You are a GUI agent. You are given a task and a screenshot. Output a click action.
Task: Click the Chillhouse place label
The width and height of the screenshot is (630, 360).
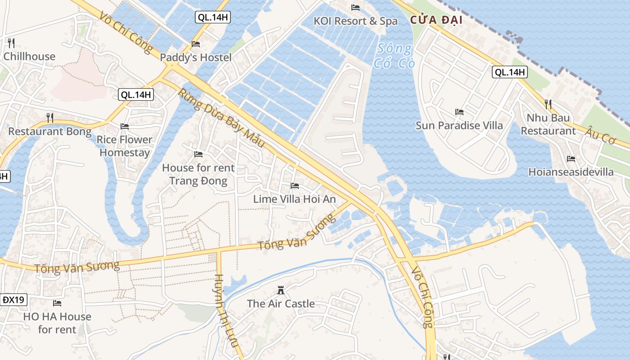click(29, 57)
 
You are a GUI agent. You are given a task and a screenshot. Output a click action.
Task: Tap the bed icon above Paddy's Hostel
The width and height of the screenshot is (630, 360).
click(196, 44)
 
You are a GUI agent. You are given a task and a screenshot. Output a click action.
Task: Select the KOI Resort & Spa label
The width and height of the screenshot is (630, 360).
click(355, 21)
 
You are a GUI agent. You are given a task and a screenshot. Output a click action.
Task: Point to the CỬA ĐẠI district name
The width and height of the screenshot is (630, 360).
click(436, 21)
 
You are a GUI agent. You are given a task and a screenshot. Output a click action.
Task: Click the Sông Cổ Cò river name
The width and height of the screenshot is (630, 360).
click(394, 55)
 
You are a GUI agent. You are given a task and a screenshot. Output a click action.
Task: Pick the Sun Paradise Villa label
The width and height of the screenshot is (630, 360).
click(459, 125)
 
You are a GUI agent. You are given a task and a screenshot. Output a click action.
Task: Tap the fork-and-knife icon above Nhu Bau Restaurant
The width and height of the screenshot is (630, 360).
click(548, 104)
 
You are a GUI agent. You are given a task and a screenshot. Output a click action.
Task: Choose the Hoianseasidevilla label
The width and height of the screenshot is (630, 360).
click(571, 172)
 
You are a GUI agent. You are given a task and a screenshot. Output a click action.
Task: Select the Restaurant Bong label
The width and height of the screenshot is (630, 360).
click(49, 131)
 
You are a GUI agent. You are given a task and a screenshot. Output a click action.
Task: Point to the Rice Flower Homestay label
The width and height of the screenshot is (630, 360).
click(125, 146)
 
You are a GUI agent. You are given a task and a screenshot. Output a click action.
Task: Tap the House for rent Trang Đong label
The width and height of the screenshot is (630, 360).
click(198, 174)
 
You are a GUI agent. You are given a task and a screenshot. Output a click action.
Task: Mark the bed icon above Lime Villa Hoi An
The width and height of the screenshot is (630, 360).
click(295, 185)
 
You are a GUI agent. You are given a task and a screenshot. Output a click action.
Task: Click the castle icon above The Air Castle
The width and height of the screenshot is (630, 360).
click(281, 290)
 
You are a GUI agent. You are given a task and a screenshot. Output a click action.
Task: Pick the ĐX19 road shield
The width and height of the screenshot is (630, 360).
click(13, 300)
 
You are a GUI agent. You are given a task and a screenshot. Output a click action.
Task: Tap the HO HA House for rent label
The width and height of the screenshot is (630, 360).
click(57, 323)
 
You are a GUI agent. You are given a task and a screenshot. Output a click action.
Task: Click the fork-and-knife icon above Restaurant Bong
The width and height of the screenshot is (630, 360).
click(50, 118)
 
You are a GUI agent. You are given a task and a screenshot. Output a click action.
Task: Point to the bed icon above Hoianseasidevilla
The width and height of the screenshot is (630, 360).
click(571, 158)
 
